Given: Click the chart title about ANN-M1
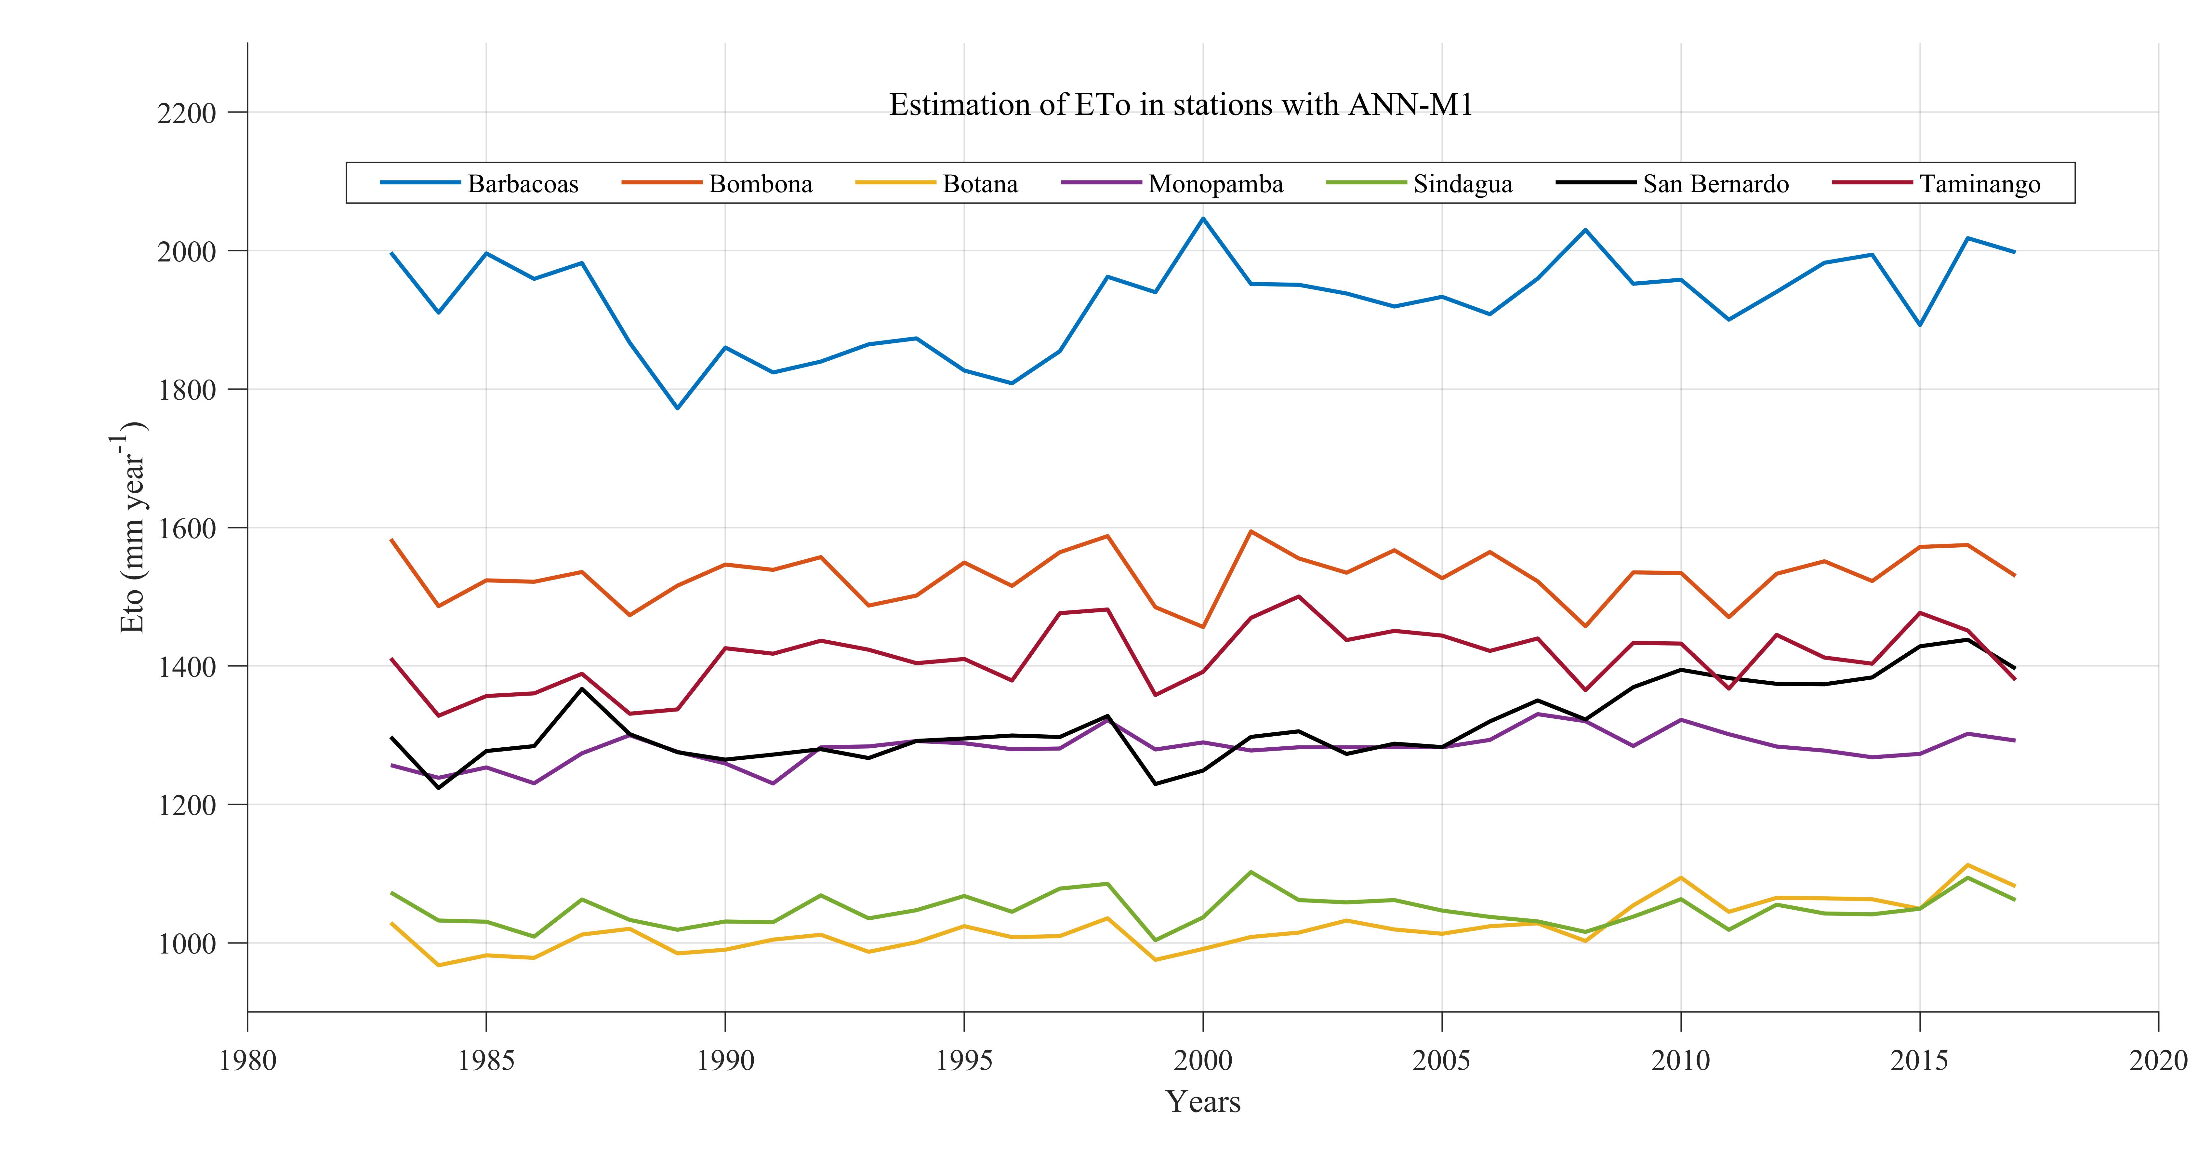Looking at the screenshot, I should (1180, 105).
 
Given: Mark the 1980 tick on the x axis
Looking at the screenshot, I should (248, 1061).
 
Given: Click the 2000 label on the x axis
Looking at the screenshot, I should (1202, 1061).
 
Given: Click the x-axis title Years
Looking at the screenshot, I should (1202, 1102).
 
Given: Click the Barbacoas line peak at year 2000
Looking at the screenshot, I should (1202, 218).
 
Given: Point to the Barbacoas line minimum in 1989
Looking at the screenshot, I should (677, 408).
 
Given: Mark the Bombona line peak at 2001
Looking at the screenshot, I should (1251, 531).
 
